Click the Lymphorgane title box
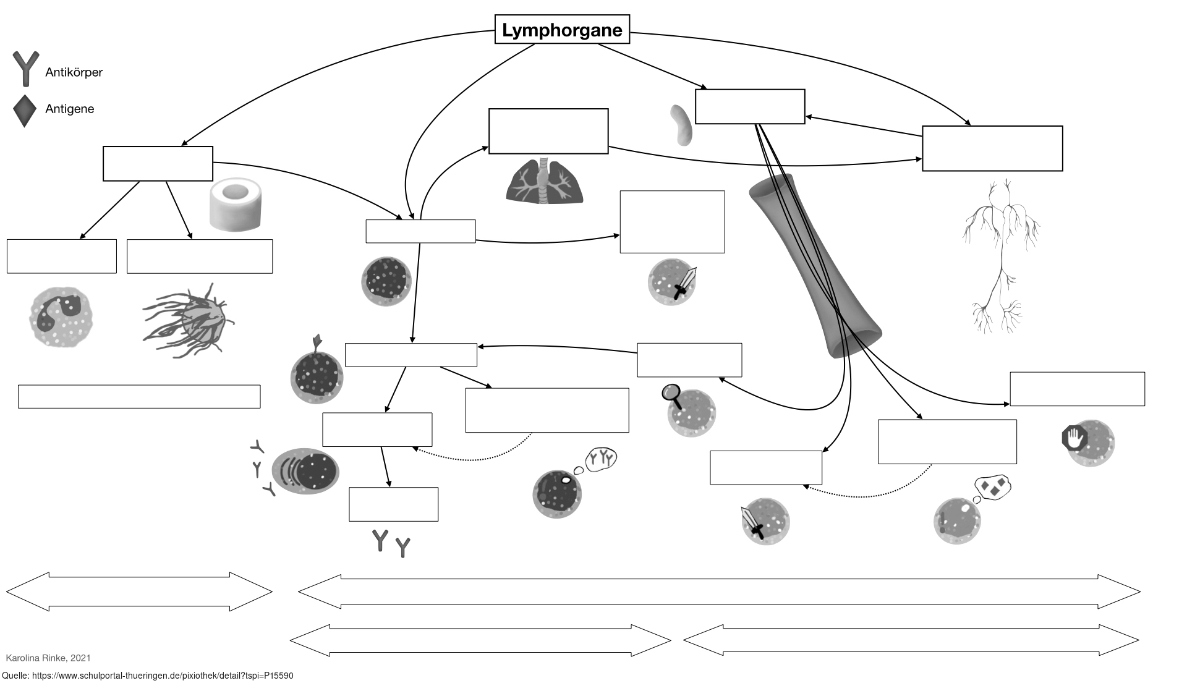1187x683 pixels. (562, 30)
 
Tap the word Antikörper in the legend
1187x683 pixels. (74, 72)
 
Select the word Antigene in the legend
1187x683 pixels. (69, 109)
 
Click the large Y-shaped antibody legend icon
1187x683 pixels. (25, 68)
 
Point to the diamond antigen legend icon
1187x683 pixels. (25, 111)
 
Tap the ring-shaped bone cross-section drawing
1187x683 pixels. (236, 205)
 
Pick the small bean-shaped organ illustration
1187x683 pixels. (681, 125)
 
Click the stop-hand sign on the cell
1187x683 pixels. (1074, 438)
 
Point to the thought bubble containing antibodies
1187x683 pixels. (600, 459)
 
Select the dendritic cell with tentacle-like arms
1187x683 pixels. (192, 320)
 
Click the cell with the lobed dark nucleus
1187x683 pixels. (61, 318)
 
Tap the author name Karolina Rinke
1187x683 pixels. (48, 658)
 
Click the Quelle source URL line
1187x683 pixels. (148, 676)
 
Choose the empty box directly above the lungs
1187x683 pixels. (548, 131)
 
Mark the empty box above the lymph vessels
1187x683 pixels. (992, 148)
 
